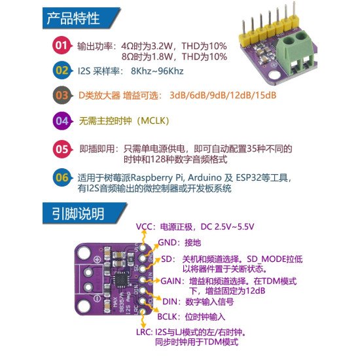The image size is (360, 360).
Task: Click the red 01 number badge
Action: click(61, 46)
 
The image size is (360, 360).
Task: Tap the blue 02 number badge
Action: click(61, 70)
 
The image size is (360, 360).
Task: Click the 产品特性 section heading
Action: click(74, 18)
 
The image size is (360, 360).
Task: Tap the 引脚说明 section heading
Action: click(74, 213)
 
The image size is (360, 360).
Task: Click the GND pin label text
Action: click(167, 242)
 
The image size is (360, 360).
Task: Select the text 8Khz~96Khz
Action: click(157, 70)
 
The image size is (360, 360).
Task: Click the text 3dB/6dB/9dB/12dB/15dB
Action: click(223, 96)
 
